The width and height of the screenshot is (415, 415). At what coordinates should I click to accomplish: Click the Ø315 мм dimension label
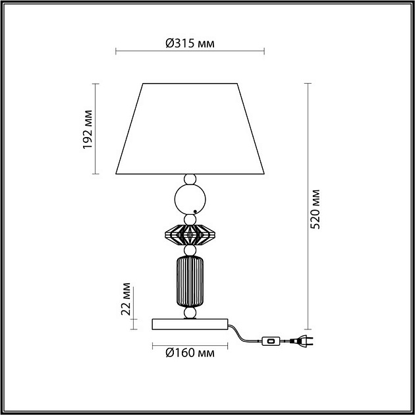(x=190, y=43)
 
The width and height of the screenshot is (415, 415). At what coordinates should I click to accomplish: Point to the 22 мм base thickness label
(x=126, y=300)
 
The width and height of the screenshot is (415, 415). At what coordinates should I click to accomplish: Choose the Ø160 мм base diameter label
(x=190, y=353)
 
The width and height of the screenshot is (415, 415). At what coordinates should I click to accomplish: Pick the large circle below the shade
(x=190, y=199)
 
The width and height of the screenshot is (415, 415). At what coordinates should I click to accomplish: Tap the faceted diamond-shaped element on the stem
(x=190, y=234)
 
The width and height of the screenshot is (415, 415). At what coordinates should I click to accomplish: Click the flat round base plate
(x=190, y=323)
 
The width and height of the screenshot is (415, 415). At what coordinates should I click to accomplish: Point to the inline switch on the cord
(x=270, y=341)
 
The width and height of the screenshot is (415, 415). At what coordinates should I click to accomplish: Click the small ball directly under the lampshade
(x=190, y=179)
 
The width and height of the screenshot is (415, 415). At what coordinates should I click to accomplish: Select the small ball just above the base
(x=190, y=312)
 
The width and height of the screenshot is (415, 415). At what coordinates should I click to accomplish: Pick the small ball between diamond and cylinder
(x=190, y=252)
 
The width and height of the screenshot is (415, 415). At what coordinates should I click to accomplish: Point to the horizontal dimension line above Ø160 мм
(x=190, y=345)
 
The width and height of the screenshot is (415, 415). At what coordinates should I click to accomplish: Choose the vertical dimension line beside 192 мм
(x=97, y=129)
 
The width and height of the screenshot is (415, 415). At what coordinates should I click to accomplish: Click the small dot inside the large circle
(x=196, y=210)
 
